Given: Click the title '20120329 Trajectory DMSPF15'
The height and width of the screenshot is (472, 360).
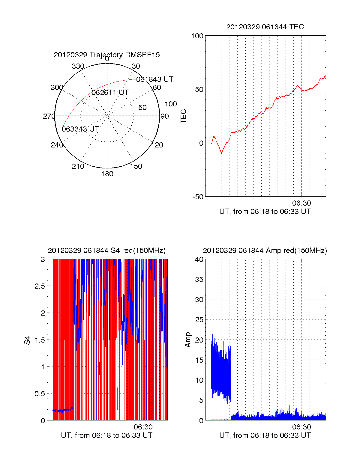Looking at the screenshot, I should click(107, 55).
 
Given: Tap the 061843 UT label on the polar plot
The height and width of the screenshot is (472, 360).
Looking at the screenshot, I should click(155, 79).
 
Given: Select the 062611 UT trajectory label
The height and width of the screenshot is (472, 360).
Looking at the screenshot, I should click(110, 93).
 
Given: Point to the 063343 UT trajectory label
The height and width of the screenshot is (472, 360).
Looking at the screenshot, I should click(80, 129).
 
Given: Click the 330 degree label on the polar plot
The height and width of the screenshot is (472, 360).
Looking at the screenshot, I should click(78, 66).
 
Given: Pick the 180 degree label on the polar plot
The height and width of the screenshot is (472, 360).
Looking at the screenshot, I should click(107, 174).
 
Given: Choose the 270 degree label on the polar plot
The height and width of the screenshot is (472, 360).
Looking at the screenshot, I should click(49, 116).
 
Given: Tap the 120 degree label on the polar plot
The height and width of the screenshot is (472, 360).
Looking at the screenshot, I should click(157, 145).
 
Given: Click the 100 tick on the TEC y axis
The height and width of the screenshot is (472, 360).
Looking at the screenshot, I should click(197, 36).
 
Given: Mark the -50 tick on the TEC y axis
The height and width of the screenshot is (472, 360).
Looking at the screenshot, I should click(198, 197).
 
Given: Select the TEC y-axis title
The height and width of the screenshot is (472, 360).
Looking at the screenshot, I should click(184, 116).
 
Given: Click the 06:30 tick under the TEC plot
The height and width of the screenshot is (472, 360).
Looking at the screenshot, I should click(301, 203).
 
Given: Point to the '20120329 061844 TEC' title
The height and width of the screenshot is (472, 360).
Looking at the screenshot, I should click(265, 27).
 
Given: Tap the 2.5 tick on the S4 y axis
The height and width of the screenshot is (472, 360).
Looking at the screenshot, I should click(40, 286).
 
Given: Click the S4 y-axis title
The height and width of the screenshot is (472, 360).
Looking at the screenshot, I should click(27, 340).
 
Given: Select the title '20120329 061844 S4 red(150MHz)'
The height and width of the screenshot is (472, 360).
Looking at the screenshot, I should click(107, 251).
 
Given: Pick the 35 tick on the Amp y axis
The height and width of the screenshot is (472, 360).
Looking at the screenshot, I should click(199, 280).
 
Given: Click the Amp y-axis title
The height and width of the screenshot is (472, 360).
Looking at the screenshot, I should click(188, 340).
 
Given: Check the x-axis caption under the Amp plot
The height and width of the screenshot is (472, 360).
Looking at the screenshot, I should click(265, 435).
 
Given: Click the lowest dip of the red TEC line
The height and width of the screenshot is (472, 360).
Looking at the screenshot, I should click(221, 153).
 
